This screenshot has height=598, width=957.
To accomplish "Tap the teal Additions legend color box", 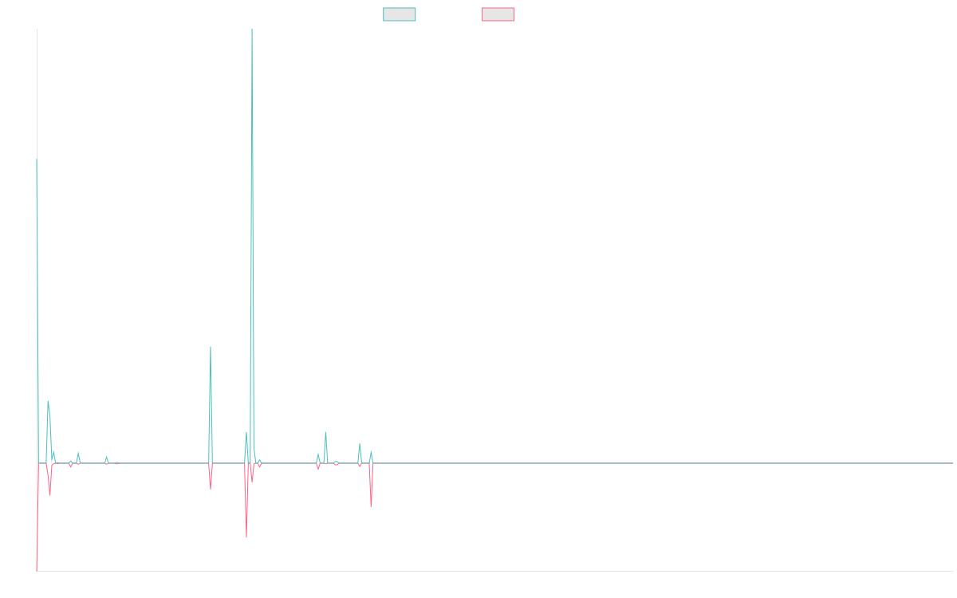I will pos(400,14).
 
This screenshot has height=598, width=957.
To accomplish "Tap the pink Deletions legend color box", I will pos(498,14).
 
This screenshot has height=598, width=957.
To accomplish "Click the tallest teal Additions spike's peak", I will pos(252,30).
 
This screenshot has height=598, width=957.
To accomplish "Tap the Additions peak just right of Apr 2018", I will pos(210,347).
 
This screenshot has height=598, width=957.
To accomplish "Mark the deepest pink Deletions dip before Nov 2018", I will pos(246,537).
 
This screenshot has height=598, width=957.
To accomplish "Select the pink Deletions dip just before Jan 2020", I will pos(371,506).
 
